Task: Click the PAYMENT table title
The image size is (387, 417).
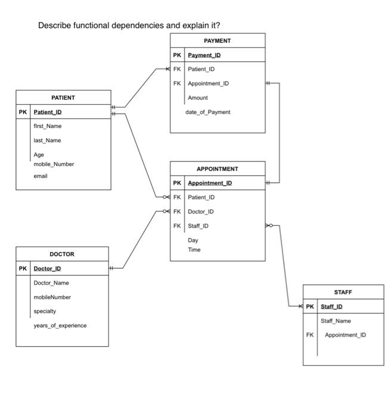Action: [x=217, y=41]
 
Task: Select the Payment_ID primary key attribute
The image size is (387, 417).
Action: [x=205, y=55]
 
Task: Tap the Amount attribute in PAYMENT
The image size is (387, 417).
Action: [x=198, y=98]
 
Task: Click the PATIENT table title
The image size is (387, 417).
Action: [x=63, y=97]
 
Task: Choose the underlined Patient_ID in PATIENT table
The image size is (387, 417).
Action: [x=48, y=112]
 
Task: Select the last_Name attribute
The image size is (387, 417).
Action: [x=48, y=141]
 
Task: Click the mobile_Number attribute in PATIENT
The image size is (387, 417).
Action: [x=54, y=164]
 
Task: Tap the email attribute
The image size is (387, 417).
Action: [x=41, y=176]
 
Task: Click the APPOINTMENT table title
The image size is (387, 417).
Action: [x=217, y=169]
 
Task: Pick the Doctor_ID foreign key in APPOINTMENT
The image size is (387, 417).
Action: [x=201, y=211]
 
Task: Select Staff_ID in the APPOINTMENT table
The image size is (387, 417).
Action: [x=199, y=226]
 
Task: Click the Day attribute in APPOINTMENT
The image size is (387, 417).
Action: [x=193, y=240]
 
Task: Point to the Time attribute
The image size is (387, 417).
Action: [x=194, y=250]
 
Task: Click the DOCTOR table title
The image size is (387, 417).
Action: [x=62, y=254]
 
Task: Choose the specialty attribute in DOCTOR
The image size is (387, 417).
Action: [x=45, y=311]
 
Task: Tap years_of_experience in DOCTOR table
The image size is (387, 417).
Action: [x=60, y=325]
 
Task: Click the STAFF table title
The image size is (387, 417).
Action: [x=343, y=292]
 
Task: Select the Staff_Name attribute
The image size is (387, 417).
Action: [x=336, y=321]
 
